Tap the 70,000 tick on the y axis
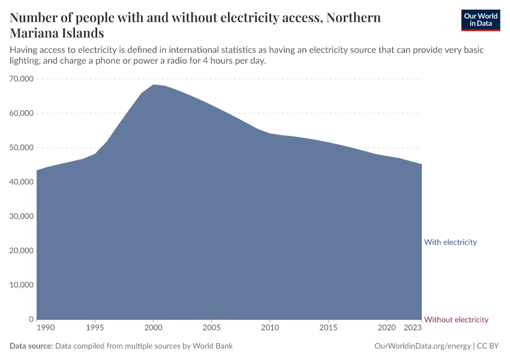click(x=22, y=79)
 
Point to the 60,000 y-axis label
click(x=22, y=113)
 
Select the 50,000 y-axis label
click(x=22, y=148)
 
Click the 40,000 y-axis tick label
click(x=22, y=182)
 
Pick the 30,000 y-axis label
click(x=22, y=217)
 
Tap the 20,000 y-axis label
click(x=22, y=251)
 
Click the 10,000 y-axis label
click(x=22, y=285)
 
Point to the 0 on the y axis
click(x=30, y=319)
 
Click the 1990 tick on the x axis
click(x=44, y=328)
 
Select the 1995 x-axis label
click(x=95, y=328)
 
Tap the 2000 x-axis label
click(x=153, y=328)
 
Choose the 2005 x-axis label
click(x=211, y=328)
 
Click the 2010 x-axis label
click(x=270, y=328)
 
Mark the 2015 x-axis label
click(x=328, y=328)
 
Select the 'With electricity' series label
click(x=450, y=242)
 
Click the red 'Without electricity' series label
click(x=456, y=320)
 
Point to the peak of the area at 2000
click(x=153, y=85)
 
